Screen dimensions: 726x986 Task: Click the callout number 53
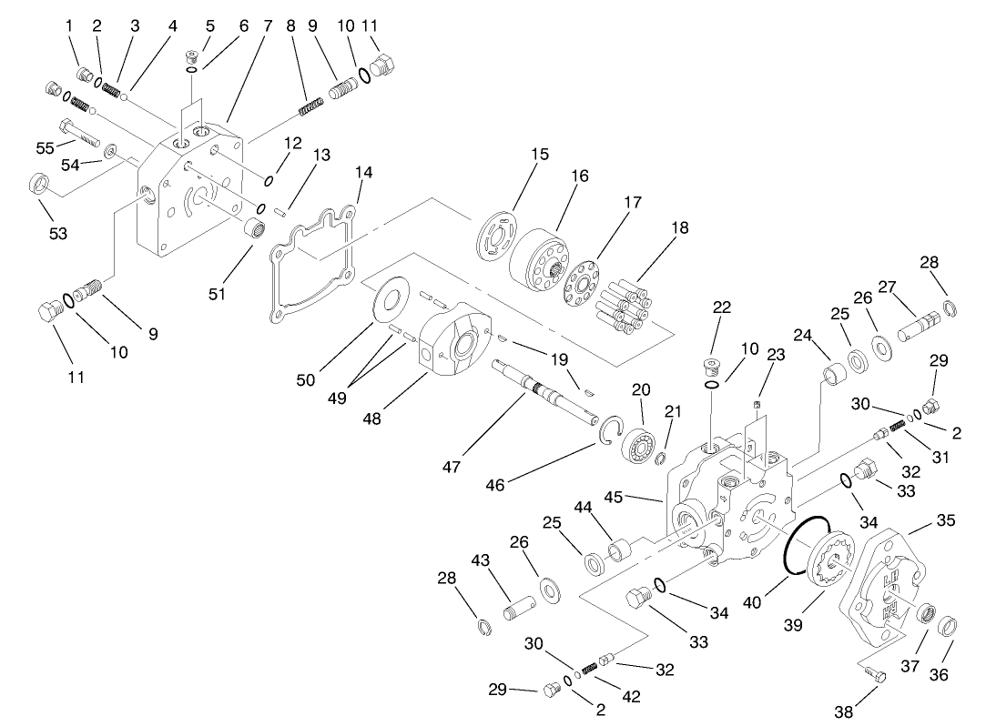(x=58, y=235)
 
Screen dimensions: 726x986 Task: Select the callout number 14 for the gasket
(x=364, y=171)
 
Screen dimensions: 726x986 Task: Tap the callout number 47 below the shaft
(x=452, y=466)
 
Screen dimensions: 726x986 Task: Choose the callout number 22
(x=721, y=308)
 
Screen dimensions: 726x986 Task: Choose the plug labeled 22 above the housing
(x=711, y=367)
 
